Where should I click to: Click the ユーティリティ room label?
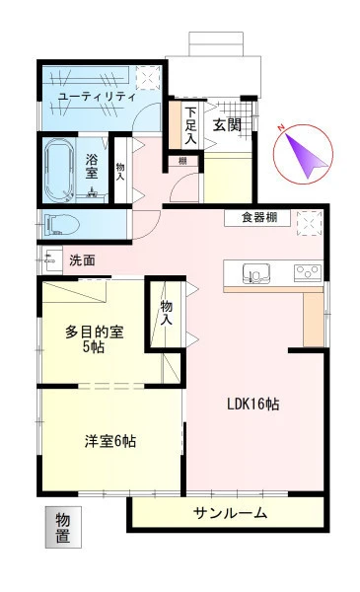(97, 97)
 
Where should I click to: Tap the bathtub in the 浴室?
(58, 171)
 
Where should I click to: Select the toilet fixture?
(61, 225)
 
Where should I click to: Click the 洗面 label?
(82, 260)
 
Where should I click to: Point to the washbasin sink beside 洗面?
(52, 259)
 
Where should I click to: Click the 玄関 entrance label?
(227, 125)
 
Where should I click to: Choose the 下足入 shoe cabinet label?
(190, 125)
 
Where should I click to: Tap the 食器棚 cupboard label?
(259, 217)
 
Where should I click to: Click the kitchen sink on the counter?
(256, 273)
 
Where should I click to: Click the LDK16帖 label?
(252, 405)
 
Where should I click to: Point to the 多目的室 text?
(95, 332)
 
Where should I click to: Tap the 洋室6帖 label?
(109, 441)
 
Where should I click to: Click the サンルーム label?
(230, 513)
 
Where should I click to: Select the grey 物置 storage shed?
(63, 527)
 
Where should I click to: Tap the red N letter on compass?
(281, 128)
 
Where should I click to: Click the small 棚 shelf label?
(182, 161)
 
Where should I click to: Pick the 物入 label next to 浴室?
(120, 172)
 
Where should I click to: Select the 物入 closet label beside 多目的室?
(166, 312)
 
